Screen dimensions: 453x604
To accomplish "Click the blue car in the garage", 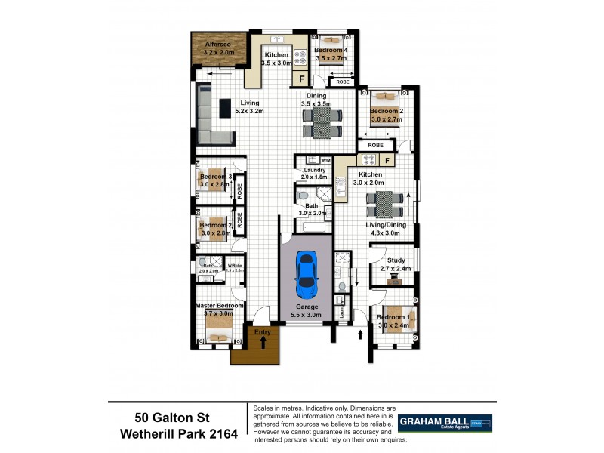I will click(x=306, y=275).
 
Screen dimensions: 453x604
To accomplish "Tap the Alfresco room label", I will click(x=220, y=49).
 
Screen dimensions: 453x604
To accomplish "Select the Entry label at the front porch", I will click(x=263, y=331).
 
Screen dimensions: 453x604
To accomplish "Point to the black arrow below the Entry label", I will click(x=263, y=343).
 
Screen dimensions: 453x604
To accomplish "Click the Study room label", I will click(x=395, y=264).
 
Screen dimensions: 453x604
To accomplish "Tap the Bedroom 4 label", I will click(x=330, y=54).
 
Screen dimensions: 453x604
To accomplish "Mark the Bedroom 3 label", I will click(x=215, y=180).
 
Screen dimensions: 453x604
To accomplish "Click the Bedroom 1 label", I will click(x=393, y=322).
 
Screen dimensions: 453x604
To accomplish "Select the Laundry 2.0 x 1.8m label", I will click(x=312, y=174).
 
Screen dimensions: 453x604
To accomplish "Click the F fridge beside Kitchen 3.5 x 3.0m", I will click(x=302, y=79).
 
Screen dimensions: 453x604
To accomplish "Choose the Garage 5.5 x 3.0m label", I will click(x=306, y=311).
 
